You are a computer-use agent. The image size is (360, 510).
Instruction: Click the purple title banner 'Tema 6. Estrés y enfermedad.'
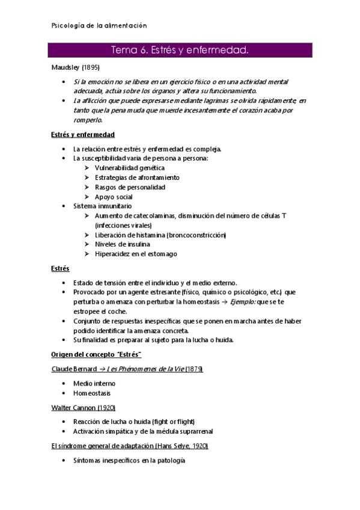click(180, 50)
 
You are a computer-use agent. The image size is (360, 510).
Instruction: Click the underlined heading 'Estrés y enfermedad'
click(83, 135)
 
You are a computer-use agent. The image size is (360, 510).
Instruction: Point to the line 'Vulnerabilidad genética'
click(129, 168)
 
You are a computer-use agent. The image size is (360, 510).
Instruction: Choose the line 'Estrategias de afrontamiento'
click(137, 177)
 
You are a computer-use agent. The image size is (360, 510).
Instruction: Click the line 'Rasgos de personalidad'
click(130, 187)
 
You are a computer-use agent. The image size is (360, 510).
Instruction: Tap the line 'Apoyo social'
click(114, 197)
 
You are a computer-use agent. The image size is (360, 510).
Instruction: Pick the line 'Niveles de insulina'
click(123, 244)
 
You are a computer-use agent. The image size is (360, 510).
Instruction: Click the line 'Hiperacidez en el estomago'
click(136, 254)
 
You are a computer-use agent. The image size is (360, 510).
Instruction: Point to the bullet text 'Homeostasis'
click(92, 393)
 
